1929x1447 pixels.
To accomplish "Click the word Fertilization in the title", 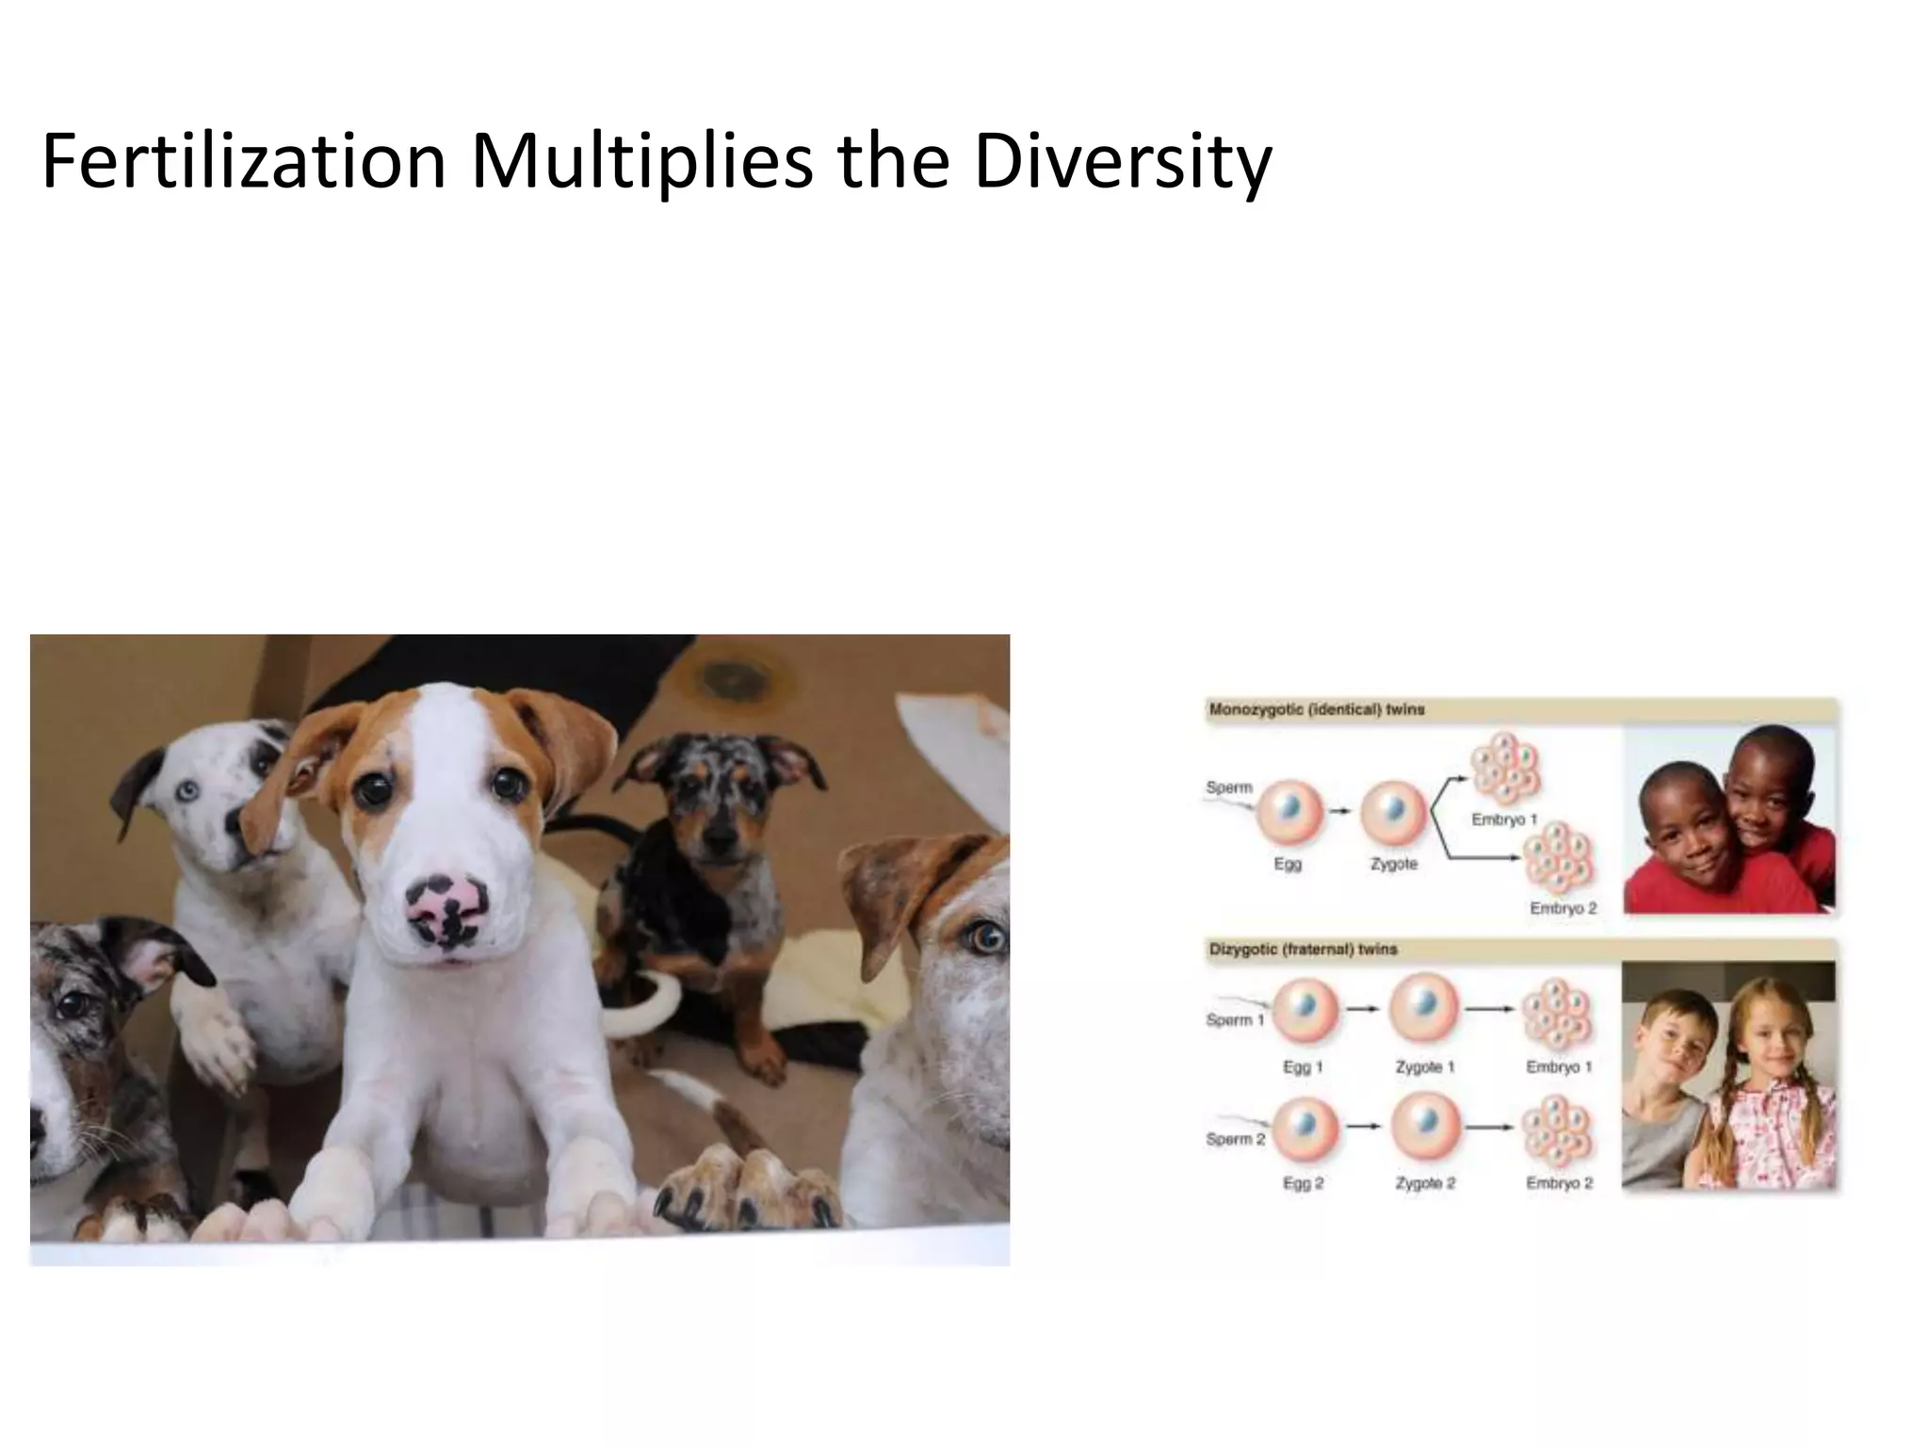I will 243,162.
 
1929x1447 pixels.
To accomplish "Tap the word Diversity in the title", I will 1122,162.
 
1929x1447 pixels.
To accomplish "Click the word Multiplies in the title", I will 640,162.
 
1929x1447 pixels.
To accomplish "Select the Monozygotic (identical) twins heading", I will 1316,709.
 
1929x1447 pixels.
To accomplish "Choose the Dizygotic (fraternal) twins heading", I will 1303,950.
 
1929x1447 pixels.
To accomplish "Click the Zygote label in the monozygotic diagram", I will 1394,864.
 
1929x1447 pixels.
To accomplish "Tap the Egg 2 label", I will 1303,1183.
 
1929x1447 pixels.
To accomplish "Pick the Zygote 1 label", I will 1425,1067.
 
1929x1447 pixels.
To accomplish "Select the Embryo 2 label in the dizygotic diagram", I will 1559,1183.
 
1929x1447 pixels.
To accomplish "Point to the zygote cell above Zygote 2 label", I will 1425,1125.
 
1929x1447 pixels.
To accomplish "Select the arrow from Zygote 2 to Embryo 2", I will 1489,1126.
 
